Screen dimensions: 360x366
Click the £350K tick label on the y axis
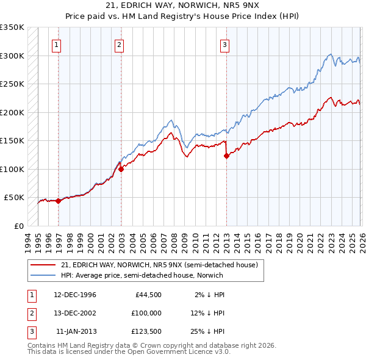(12, 27)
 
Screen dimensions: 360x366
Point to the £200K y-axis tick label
(12, 112)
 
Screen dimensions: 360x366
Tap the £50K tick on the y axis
(15, 198)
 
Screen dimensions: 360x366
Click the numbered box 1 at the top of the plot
(56, 44)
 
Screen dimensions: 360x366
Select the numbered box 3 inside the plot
(224, 44)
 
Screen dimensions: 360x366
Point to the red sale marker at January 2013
(226, 156)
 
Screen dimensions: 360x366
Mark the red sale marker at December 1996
(58, 201)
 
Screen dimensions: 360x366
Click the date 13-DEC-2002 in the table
(75, 312)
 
